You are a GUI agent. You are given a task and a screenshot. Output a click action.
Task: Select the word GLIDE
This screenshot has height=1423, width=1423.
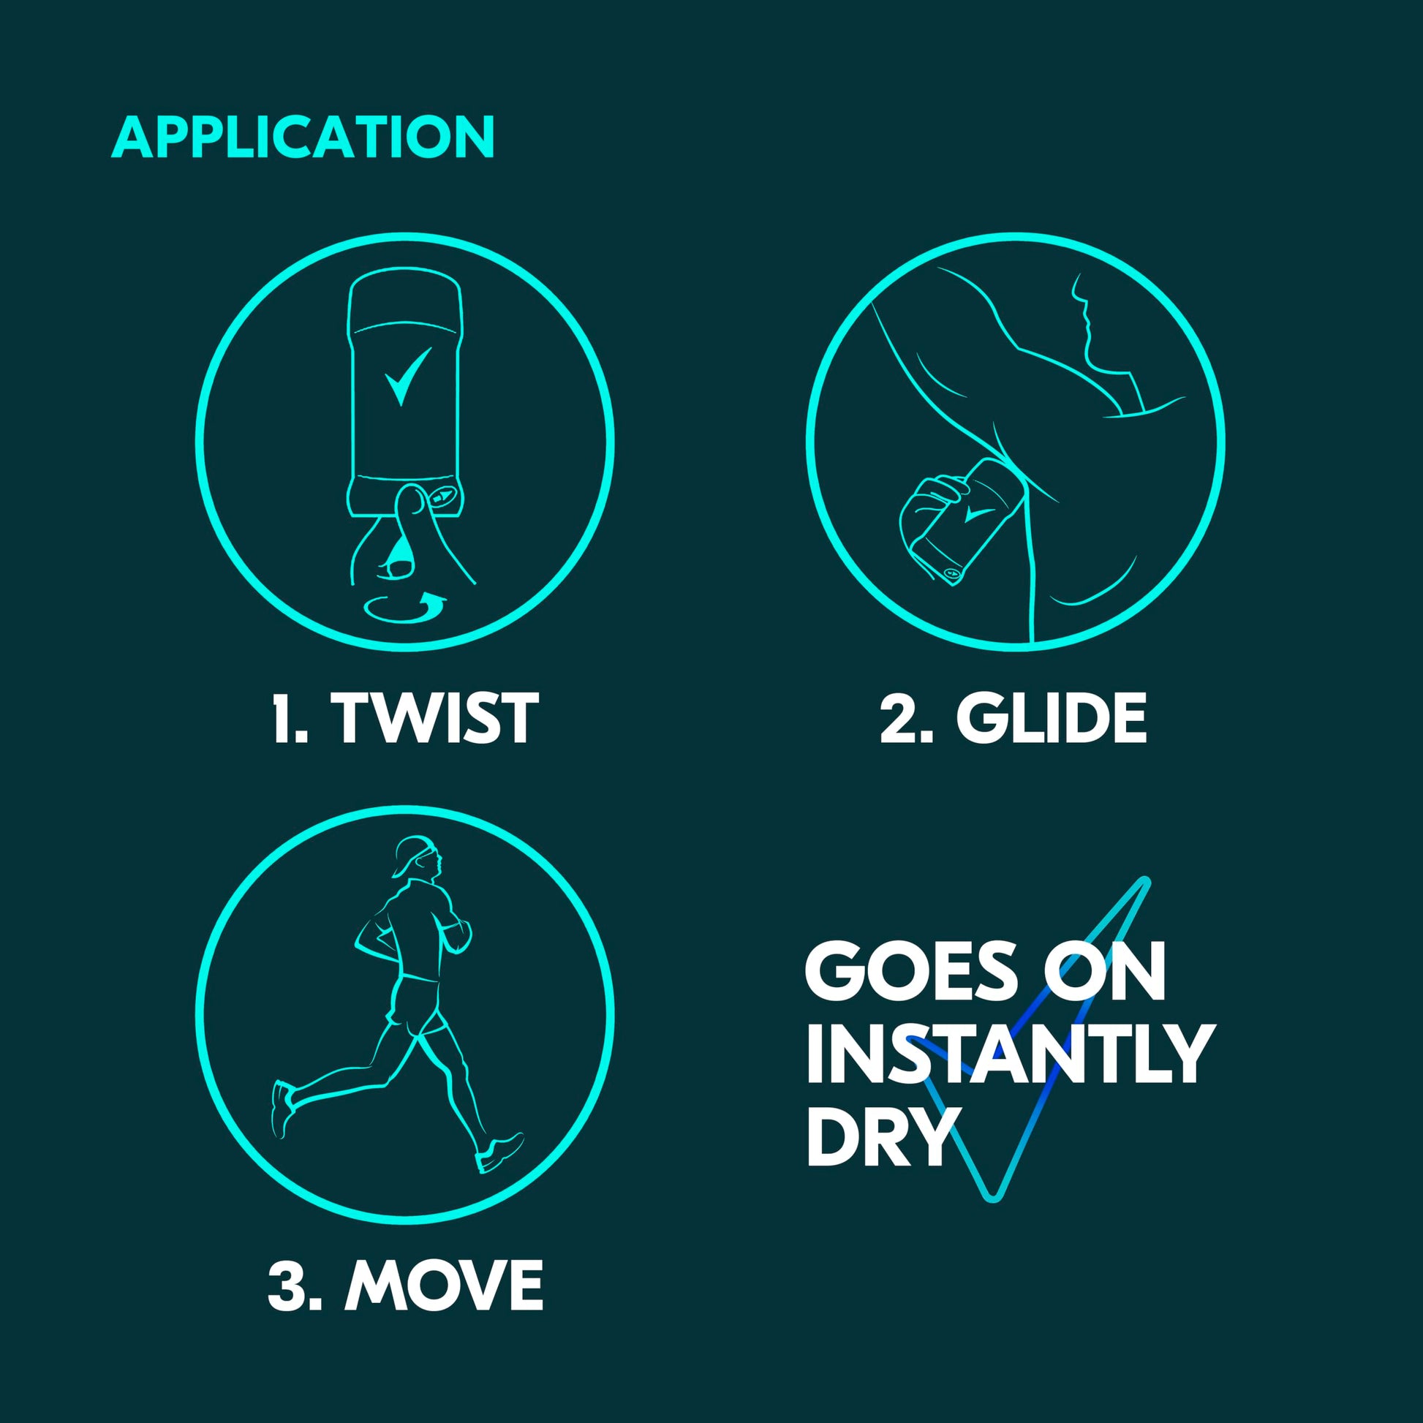(x=1052, y=718)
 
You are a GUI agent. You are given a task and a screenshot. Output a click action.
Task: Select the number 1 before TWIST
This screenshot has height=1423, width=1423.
(x=287, y=718)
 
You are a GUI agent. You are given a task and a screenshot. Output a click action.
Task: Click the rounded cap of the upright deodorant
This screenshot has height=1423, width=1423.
(x=405, y=302)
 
